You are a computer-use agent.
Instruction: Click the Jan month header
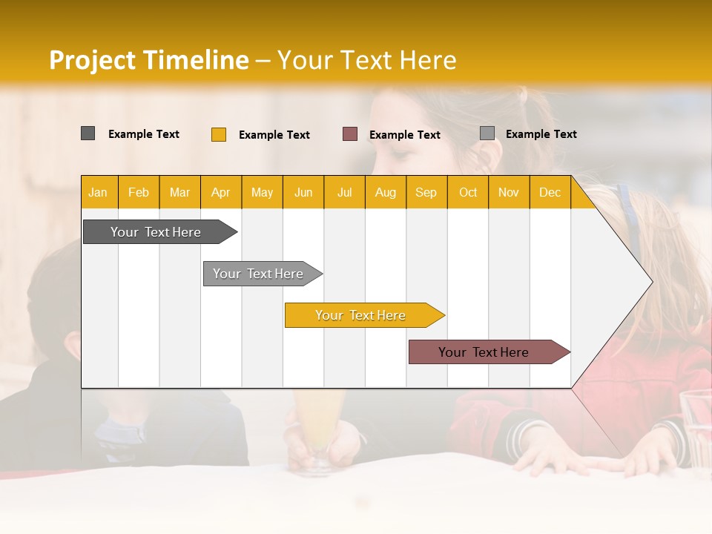click(98, 193)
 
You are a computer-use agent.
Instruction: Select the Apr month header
click(220, 193)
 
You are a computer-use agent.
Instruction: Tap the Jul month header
click(344, 193)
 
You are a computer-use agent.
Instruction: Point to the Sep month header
click(426, 193)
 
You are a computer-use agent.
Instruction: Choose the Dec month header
click(550, 193)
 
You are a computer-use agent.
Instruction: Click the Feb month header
click(139, 193)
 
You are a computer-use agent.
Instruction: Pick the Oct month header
click(468, 193)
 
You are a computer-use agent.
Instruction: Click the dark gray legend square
click(88, 133)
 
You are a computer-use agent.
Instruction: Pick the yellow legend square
click(219, 134)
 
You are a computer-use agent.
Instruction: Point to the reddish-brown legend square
click(350, 134)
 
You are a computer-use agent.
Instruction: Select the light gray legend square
click(487, 133)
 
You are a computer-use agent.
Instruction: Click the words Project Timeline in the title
click(148, 60)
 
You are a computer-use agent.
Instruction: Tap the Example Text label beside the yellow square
click(274, 135)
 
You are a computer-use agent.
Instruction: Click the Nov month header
click(509, 193)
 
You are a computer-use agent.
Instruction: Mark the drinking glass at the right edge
click(696, 430)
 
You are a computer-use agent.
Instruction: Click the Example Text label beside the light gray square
click(541, 134)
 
